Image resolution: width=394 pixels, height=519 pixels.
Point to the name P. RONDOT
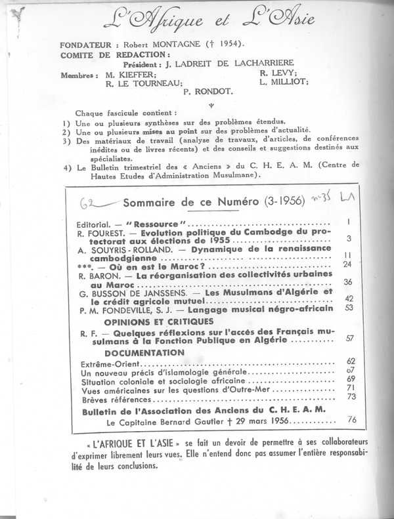(x=209, y=93)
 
